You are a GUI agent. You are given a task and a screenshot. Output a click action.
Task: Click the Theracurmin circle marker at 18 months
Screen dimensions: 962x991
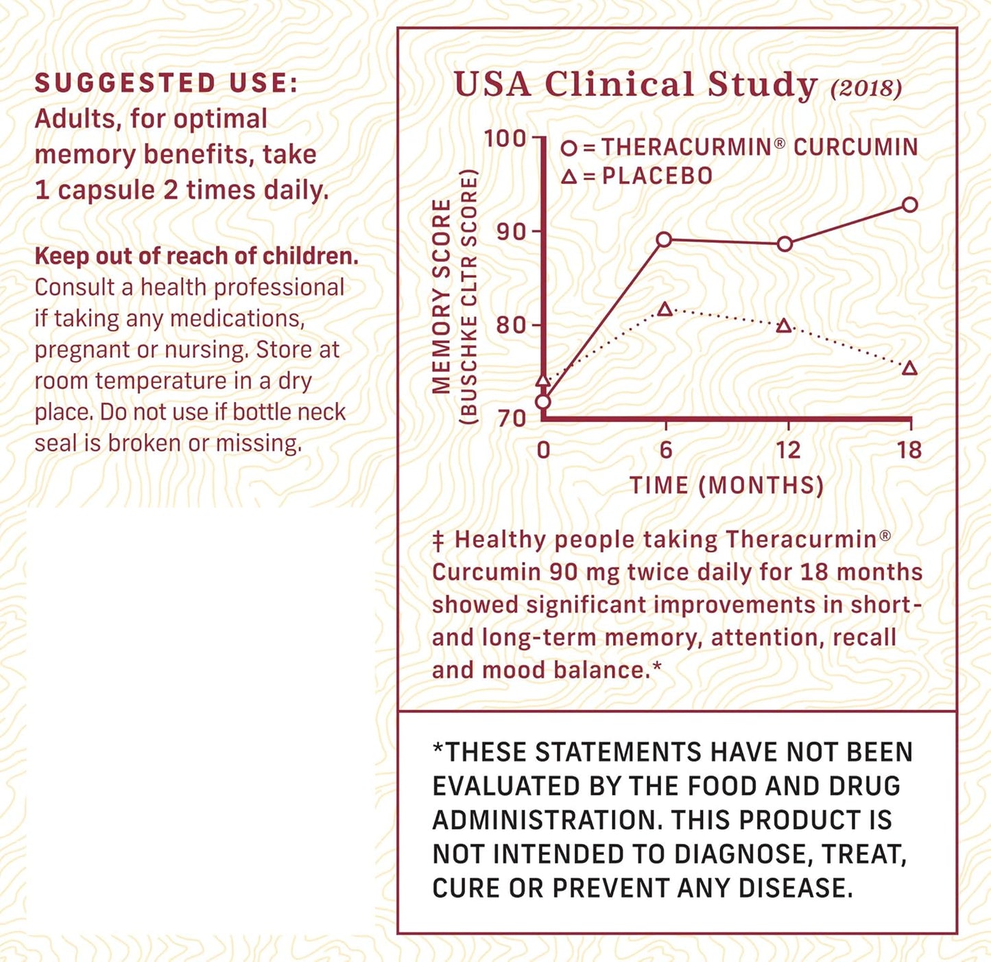tap(909, 204)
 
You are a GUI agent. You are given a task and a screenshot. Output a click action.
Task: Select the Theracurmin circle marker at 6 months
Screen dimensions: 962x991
tap(664, 239)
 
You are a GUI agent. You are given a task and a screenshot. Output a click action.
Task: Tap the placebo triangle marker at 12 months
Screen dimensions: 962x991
tap(785, 326)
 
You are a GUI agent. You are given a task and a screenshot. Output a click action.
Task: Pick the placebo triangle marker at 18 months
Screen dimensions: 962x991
tap(909, 368)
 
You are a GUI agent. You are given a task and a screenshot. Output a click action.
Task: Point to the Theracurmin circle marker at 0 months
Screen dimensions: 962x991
tap(543, 401)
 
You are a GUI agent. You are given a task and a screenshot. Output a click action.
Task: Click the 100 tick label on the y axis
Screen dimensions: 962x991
tap(505, 139)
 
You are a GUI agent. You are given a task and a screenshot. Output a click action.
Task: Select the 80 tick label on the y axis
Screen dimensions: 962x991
tap(511, 325)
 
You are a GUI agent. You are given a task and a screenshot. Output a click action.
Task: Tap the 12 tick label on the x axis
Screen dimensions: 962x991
tap(787, 450)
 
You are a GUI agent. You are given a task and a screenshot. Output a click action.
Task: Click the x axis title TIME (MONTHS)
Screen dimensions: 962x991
tap(726, 485)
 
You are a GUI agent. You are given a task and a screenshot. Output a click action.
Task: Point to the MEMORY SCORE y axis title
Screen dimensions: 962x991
tap(442, 296)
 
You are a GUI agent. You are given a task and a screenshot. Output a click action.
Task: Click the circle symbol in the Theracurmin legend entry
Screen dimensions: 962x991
tap(569, 148)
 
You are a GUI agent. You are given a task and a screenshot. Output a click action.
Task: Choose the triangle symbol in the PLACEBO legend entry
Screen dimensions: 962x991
tap(569, 176)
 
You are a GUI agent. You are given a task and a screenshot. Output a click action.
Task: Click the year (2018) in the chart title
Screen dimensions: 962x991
tap(865, 88)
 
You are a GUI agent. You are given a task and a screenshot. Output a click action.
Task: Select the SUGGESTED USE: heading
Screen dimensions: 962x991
tap(167, 83)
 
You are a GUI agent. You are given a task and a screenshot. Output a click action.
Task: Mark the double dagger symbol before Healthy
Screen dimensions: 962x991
tap(439, 541)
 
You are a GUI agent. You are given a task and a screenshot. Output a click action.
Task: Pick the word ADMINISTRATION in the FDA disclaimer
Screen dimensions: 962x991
tap(547, 820)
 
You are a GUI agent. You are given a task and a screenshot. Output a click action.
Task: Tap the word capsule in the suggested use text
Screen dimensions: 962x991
tap(106, 190)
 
